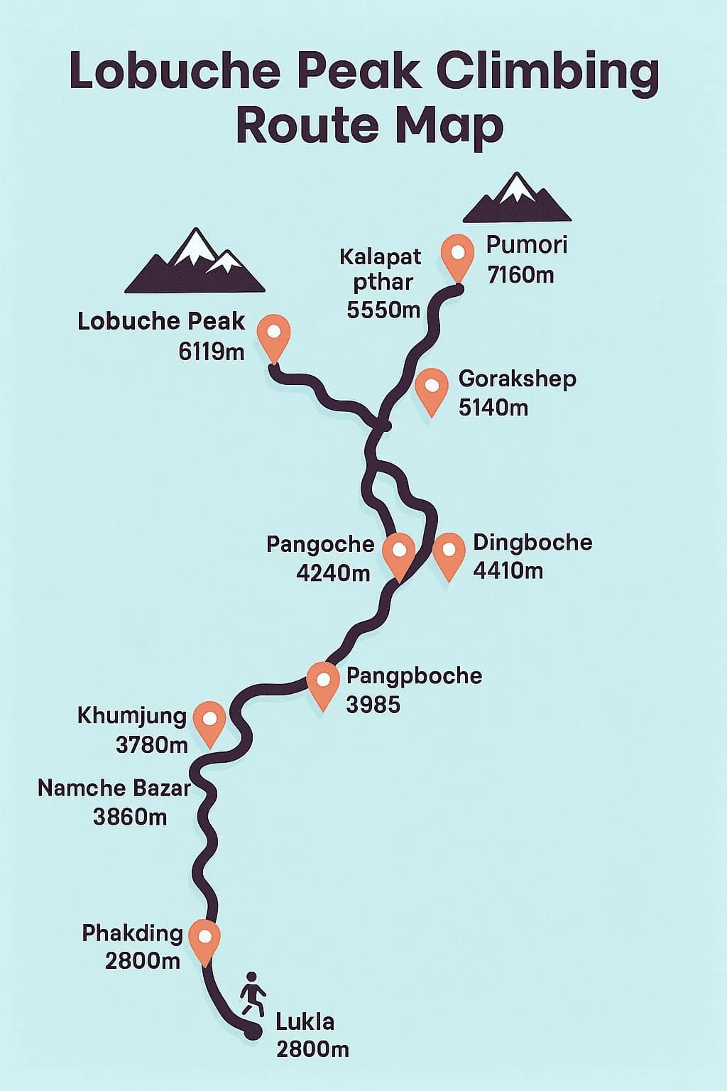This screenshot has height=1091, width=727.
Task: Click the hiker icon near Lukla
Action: (x=252, y=994)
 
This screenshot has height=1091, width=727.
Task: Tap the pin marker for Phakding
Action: (x=204, y=938)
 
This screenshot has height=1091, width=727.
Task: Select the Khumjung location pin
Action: (x=209, y=720)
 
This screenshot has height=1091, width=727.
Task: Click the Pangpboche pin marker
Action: (x=323, y=682)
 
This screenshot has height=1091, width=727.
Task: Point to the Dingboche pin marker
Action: (x=449, y=553)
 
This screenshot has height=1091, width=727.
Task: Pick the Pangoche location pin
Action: (x=398, y=553)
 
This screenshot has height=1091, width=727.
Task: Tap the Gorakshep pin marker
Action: (x=431, y=388)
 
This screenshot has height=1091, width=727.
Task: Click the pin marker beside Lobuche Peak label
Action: (x=273, y=335)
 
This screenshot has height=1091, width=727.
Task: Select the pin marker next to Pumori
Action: (x=457, y=254)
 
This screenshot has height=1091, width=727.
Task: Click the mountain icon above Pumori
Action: (x=517, y=198)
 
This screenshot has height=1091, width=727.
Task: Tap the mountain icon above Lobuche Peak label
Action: (x=195, y=262)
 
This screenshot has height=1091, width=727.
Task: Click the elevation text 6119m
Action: (x=212, y=351)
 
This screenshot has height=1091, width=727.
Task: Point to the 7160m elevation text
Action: (x=520, y=274)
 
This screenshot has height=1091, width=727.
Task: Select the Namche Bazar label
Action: (x=114, y=788)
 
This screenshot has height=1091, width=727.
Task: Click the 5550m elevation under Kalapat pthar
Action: (x=383, y=309)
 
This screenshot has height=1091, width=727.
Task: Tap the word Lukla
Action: (x=305, y=1021)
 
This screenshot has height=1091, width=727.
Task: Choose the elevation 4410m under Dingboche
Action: (x=508, y=570)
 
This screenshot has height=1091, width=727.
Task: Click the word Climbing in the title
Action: (x=547, y=72)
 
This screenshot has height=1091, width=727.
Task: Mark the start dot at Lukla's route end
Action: (x=251, y=1031)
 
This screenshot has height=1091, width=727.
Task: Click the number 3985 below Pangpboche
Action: (x=373, y=705)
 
